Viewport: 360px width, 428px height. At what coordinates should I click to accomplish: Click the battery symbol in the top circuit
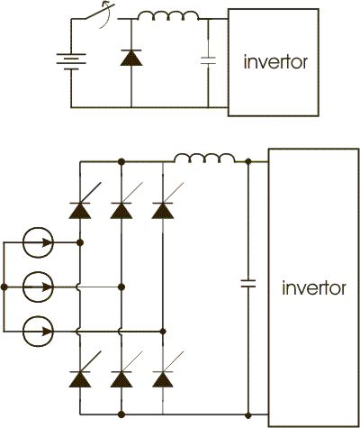71,61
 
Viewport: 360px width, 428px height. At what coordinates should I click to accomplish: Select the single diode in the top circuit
131,58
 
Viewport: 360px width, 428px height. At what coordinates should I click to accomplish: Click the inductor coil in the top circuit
168,16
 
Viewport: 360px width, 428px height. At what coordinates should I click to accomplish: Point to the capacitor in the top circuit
208,60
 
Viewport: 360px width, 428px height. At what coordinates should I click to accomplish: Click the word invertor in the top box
275,62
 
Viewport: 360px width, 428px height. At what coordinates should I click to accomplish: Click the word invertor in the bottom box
314,287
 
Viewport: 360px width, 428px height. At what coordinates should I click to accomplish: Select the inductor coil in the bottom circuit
205,159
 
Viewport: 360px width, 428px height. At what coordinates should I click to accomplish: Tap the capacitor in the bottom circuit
248,283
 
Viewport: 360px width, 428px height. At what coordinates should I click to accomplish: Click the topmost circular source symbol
39,242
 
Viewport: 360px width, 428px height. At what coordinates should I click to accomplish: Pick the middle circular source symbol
39,287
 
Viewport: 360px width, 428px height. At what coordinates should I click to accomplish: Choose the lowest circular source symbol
39,332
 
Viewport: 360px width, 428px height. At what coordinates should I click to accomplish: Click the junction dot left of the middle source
4,287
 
